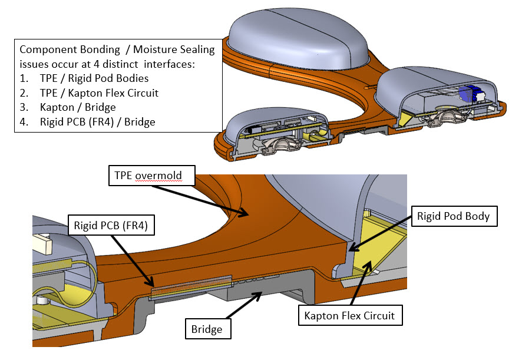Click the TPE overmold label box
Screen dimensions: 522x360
click(152, 176)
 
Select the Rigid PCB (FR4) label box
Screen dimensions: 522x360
click(111, 226)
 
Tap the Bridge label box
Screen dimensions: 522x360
click(208, 329)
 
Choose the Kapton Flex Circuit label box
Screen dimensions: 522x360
click(350, 315)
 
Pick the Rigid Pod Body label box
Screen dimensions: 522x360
click(454, 216)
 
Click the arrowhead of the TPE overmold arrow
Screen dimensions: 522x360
click(245, 213)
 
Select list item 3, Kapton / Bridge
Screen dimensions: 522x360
click(68, 107)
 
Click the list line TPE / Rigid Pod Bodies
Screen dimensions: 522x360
click(84, 78)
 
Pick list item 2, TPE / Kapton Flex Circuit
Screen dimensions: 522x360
click(89, 93)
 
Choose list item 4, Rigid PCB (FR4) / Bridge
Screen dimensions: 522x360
click(87, 122)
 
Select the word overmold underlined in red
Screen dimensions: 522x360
click(158, 176)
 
